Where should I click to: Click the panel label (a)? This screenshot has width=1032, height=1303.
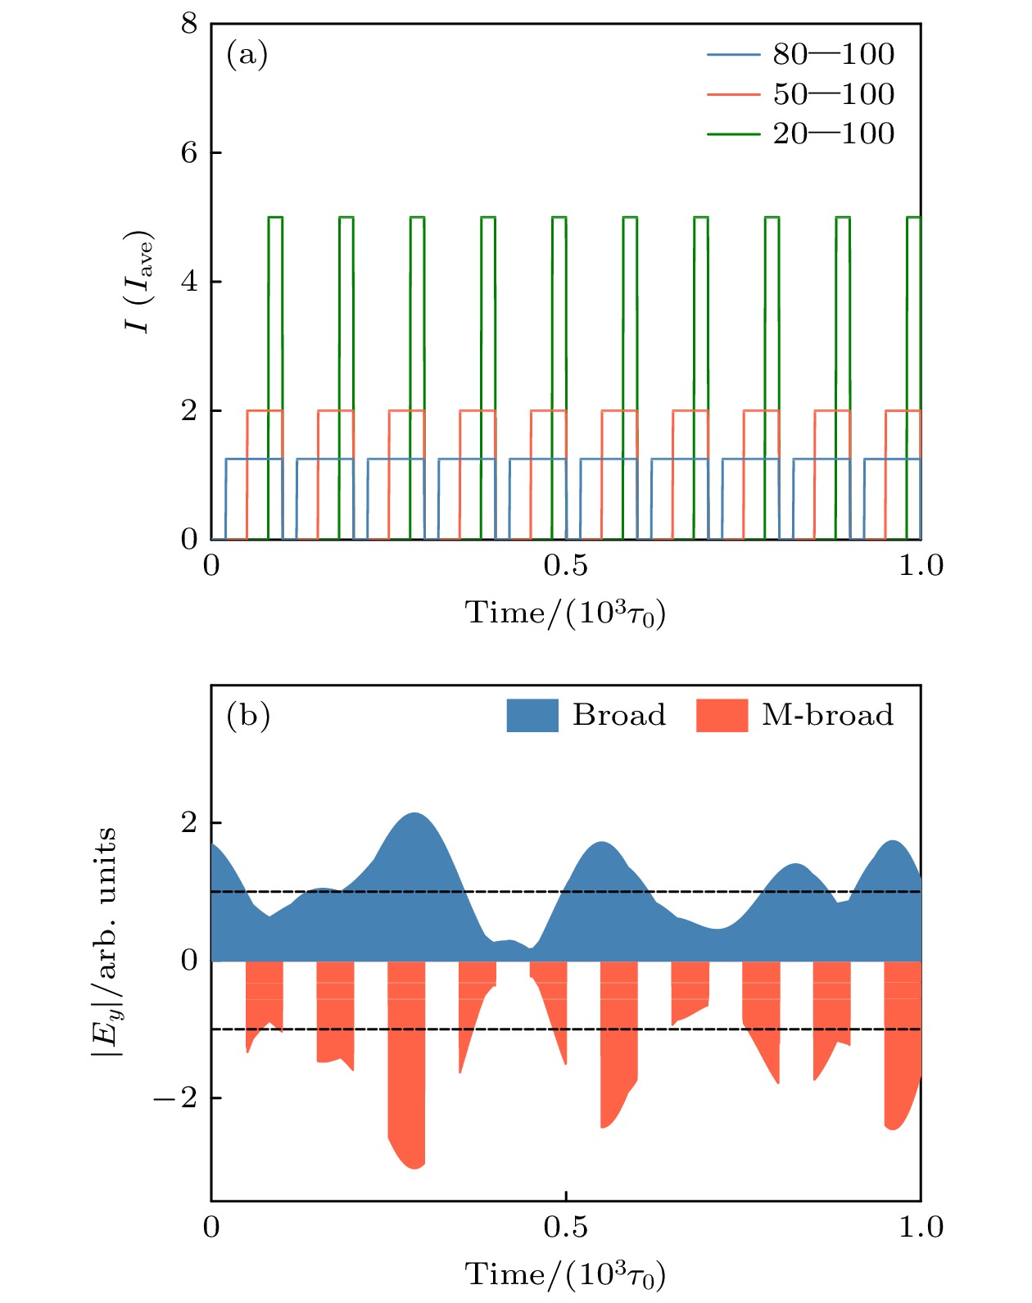tap(247, 56)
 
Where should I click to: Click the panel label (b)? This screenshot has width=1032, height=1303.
tap(247, 717)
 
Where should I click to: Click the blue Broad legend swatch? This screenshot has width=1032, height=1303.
tap(532, 716)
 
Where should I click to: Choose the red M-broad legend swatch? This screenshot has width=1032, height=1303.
tap(722, 716)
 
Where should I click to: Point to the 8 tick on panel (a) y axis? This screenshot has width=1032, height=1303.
tap(189, 25)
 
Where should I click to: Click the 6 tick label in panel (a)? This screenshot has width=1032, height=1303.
tap(189, 153)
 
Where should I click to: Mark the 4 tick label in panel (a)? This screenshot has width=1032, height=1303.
tap(189, 282)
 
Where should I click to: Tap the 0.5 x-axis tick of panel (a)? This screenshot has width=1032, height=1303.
tap(566, 565)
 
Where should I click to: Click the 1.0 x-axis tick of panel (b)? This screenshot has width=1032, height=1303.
tap(921, 1227)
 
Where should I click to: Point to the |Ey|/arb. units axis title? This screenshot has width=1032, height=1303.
tap(105, 942)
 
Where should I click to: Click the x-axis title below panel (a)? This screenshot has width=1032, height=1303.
tap(565, 613)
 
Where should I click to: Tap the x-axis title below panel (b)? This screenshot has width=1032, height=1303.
tap(565, 1275)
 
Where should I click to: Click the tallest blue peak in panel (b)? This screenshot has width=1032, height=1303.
tap(416, 815)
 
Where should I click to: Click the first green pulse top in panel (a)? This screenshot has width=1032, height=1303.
tap(275, 217)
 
